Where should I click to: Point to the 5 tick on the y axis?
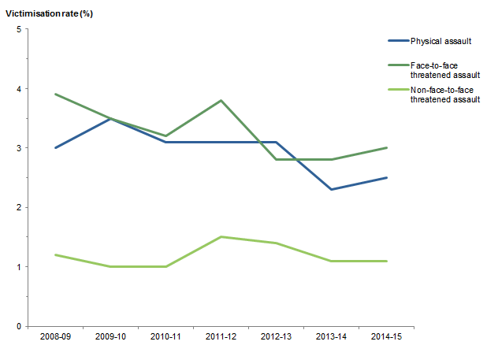(x=19, y=29)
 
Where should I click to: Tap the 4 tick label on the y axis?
(x=19, y=88)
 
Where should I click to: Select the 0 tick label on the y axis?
(x=19, y=326)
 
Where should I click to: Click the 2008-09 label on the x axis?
(x=55, y=338)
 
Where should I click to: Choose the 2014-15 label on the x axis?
(x=386, y=338)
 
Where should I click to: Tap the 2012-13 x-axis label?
(x=276, y=338)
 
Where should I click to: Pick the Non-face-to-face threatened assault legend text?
(x=446, y=96)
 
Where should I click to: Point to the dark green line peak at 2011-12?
(x=221, y=100)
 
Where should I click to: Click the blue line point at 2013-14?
(x=331, y=189)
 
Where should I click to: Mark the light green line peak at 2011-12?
(x=221, y=236)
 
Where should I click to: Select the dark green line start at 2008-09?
(x=55, y=94)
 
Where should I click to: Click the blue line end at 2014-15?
(x=386, y=177)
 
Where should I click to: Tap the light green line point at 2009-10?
(x=110, y=266)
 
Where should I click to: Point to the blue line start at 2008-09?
(x=55, y=147)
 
